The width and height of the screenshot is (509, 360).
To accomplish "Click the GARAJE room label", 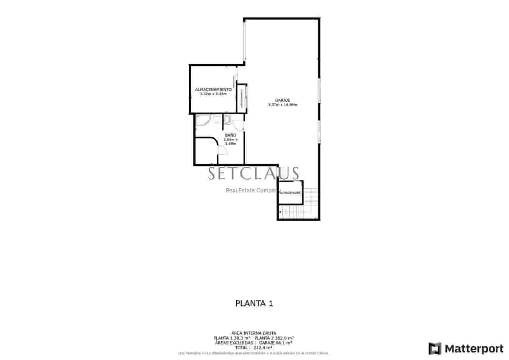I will click(282, 100).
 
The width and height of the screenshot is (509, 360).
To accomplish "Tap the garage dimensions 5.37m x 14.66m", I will click(282, 105).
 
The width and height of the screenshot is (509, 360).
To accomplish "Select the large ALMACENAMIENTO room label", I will click(213, 90).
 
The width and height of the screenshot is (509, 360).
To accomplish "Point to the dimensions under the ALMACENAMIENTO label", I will click(213, 94).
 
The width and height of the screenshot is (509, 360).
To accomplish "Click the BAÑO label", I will click(230, 135).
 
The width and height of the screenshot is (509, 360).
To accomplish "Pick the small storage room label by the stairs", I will click(290, 193).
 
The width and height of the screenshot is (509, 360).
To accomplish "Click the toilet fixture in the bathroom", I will click(227, 120).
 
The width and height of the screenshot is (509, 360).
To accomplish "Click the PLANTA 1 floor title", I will click(254, 303).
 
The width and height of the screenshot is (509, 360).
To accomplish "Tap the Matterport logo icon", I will click(435, 349).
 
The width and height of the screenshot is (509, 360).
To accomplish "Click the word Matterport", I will click(474, 349).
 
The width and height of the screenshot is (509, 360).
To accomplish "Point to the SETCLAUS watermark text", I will click(254, 174).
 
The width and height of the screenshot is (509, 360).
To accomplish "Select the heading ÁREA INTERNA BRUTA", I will click(254, 333).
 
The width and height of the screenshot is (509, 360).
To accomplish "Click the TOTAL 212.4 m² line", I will click(254, 348).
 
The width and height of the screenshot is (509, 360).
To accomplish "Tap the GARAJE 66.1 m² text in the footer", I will click(275, 343).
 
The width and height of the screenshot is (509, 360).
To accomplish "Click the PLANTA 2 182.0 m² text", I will click(274, 338).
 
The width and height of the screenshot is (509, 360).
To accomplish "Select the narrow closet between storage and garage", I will click(242, 98).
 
